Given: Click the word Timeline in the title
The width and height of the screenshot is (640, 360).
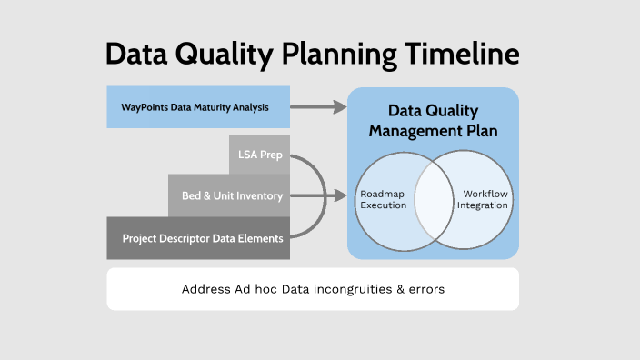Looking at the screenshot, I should coord(461,54).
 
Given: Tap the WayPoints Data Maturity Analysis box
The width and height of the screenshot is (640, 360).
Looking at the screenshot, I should coord(198,107).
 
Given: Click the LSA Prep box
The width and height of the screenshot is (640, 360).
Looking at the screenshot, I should coord(259,155).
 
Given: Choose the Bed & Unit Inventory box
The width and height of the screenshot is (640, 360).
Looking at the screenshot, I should coord(229,195).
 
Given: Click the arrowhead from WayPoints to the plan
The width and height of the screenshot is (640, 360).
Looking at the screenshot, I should coord(340,107).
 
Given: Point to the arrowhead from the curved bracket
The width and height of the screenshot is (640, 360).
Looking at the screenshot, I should coord(342,195).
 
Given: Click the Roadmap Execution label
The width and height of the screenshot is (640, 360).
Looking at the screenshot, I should coord(384,201).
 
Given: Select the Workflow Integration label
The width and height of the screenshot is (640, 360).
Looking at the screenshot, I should coord(483,200).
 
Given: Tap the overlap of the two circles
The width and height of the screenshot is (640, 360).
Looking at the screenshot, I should coord(434,201).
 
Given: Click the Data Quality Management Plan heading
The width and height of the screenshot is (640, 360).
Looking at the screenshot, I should coord(433,121).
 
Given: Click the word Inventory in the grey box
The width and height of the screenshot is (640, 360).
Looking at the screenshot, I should coord(259,195).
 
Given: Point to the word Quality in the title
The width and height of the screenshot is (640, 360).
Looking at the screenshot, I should coord(214,54).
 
